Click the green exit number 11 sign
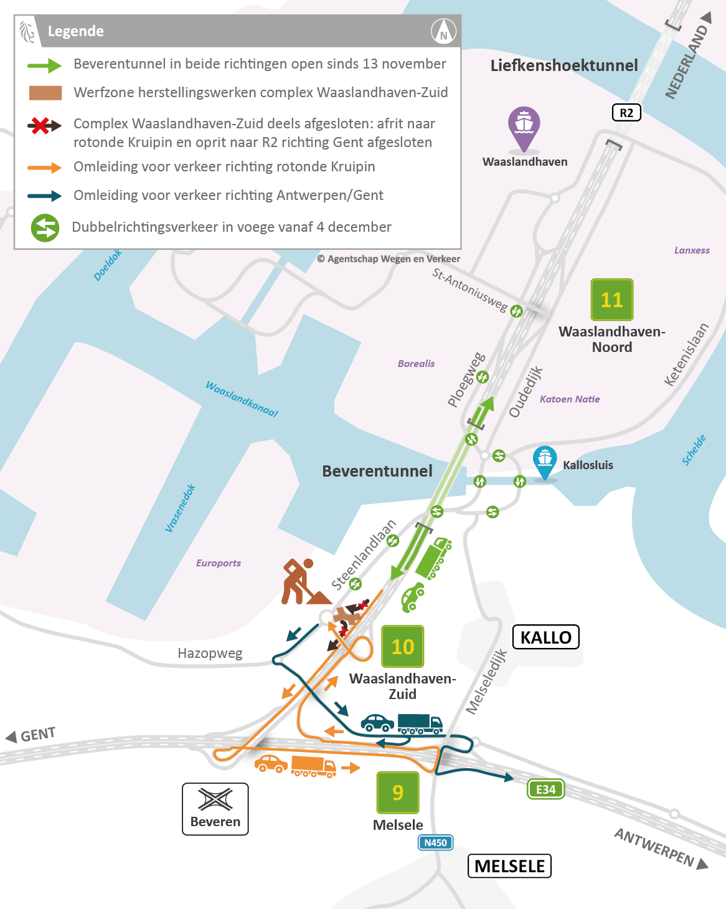coord(611,300)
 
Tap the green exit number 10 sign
coord(402,647)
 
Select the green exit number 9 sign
coord(397,792)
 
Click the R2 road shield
coord(626,113)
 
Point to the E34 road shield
coord(545,789)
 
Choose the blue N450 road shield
coord(435,842)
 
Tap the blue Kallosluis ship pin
coord(545,462)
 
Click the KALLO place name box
coord(545,637)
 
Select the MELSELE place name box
coord(509,866)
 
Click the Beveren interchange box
coord(215,809)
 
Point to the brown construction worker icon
coord(302,582)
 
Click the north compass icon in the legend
coord(443,31)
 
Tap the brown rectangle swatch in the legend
coord(45,93)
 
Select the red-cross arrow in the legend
coord(44,126)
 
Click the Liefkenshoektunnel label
coord(564,65)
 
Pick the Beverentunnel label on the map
coord(377,471)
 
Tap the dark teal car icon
coord(377,723)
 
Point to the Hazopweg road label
coord(210,653)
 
